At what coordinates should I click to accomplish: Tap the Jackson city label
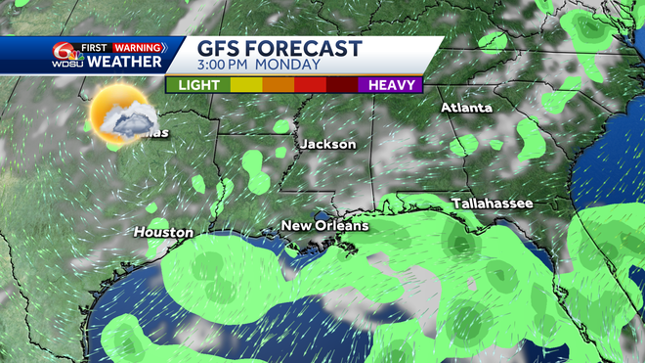coord(328,144)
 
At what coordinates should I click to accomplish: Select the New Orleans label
coord(325,226)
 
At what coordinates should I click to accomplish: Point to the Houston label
coord(163,232)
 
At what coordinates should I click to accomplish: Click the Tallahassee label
coord(493,203)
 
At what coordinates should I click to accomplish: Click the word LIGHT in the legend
coord(198,85)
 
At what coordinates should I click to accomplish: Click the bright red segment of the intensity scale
coord(310,85)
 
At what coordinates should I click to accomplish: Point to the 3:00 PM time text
coord(232,66)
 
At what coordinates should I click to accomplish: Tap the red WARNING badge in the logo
coord(138,46)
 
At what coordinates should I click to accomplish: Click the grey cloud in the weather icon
coord(129,121)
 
